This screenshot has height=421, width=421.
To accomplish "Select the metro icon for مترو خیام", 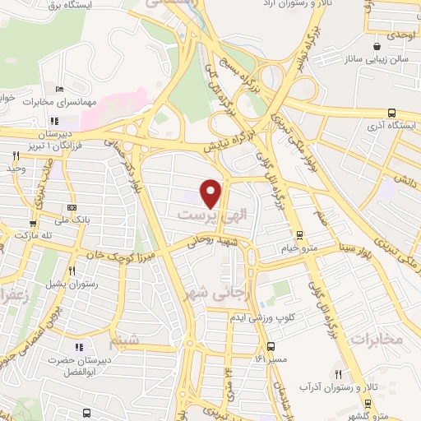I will coord(298,234).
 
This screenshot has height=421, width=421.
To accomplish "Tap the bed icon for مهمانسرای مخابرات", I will coord(58,89).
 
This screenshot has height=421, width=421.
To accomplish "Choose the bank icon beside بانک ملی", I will coord(72,207).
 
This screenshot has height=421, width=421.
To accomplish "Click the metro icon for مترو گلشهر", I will coord(367,403).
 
